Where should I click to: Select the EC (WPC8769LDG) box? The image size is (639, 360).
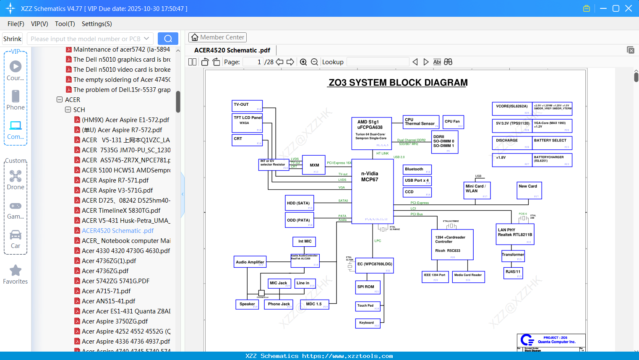tap(374, 266)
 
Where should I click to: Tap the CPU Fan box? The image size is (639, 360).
tap(454, 122)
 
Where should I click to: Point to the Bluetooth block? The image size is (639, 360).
tap(417, 170)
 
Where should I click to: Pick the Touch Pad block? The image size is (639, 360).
tap(368, 306)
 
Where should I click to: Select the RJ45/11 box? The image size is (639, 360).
tap(513, 273)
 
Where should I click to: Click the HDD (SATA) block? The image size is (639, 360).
tap(300, 203)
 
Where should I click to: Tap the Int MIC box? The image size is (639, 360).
tap(304, 242)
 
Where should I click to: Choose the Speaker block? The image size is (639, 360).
tap(247, 304)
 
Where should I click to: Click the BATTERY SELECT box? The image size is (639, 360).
tap(552, 143)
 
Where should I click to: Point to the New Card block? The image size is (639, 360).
tap(529, 190)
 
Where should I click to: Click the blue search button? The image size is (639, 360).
tap(168, 39)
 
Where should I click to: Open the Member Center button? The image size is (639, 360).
tap(217, 37)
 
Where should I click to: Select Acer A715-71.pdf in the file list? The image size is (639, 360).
tap(106, 291)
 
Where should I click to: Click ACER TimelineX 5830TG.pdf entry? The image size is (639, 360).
tap(121, 210)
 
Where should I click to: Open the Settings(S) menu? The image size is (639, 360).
tap(97, 24)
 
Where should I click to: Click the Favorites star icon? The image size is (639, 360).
tap(16, 271)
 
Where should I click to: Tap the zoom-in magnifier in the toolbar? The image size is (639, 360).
tap(303, 62)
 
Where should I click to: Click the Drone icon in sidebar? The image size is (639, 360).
tap(16, 176)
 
